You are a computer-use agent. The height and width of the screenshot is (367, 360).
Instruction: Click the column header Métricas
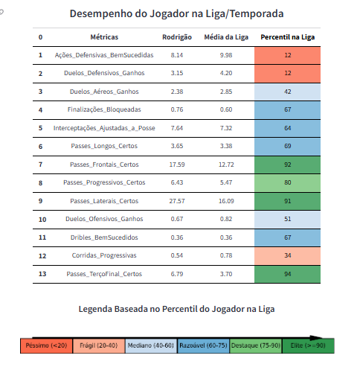104,37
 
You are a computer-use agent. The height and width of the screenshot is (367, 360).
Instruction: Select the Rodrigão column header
177,37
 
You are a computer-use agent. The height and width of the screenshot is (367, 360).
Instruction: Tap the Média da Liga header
226,37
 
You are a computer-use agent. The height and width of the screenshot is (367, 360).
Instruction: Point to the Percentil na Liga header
288,37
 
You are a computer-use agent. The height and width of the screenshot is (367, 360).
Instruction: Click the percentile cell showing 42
287,92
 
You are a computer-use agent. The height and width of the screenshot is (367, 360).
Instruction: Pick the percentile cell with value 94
287,274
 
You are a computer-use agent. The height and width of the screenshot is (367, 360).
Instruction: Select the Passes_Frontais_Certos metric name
104,165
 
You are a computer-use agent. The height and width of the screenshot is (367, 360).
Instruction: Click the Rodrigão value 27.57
177,201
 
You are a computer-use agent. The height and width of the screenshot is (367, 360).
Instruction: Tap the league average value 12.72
226,165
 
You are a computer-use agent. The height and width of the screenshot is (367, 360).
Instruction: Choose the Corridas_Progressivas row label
104,255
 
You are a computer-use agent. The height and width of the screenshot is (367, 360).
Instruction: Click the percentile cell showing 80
287,183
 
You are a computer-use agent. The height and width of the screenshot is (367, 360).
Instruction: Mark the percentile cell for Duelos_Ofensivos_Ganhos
287,220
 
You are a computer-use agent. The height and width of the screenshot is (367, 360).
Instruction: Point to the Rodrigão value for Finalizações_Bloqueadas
177,109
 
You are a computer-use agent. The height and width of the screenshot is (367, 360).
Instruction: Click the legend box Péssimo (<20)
46,345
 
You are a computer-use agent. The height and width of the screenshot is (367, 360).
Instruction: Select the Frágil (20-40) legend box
99,345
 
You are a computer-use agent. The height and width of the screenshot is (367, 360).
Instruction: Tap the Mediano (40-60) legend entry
151,345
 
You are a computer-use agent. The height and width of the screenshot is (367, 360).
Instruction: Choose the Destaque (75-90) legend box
256,345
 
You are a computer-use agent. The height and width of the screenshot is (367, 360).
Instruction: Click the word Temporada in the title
257,13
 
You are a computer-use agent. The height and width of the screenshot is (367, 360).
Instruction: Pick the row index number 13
42,274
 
